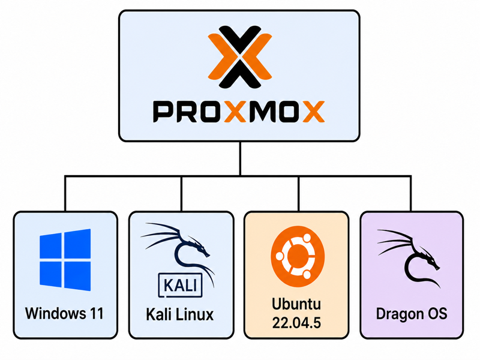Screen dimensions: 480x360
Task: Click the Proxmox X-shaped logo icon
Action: point(239,57)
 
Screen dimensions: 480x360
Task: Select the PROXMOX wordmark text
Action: point(239,112)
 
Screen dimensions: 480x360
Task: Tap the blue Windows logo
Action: point(65,260)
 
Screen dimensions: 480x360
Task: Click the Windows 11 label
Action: point(64,313)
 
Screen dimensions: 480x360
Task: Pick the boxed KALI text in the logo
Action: point(180,285)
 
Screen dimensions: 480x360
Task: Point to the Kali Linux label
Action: point(179,314)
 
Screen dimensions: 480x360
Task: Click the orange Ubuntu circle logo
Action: point(298,256)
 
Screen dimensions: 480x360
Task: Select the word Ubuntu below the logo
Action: point(296,304)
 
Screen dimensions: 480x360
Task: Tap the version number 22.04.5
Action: point(296,323)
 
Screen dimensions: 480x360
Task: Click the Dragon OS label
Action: point(412,314)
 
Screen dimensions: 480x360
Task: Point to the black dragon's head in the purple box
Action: point(430,260)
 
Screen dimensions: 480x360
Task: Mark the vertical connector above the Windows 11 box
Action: point(65,193)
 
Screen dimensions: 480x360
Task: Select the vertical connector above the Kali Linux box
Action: point(182,193)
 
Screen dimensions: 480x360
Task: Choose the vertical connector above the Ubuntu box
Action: point(298,193)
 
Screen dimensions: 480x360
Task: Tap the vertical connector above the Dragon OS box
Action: point(411,193)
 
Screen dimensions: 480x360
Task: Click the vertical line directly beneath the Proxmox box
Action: point(240,158)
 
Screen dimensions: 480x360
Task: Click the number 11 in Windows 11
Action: point(96,313)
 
